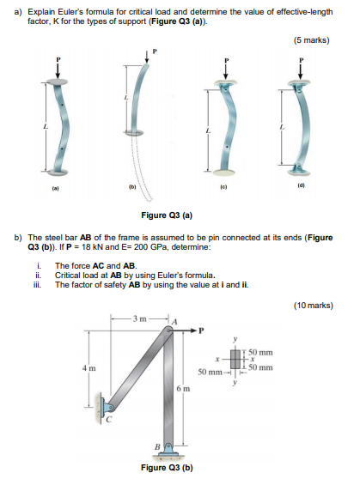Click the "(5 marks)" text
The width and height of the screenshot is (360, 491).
coord(311,40)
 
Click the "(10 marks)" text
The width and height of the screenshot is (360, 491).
coord(313,306)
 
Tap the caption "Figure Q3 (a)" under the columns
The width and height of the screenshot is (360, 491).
coord(167,215)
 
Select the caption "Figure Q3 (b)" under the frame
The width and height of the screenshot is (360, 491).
coord(167,468)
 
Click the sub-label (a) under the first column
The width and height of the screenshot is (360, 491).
coord(55,188)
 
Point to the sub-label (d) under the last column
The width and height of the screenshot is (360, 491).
coord(301,185)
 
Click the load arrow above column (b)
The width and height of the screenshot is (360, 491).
coord(147,57)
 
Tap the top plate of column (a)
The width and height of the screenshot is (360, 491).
coord(57,82)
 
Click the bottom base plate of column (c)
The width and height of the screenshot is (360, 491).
coord(223,172)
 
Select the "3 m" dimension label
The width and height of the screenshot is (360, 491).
coord(139,319)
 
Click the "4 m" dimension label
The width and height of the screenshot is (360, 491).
coord(89,368)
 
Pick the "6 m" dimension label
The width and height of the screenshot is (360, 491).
coord(183,389)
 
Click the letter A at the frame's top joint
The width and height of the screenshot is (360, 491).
coord(174,321)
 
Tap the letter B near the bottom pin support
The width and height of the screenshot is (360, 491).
coord(158,446)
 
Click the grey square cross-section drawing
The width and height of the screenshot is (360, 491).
coord(235,359)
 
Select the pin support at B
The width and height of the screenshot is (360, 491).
coord(169,450)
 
